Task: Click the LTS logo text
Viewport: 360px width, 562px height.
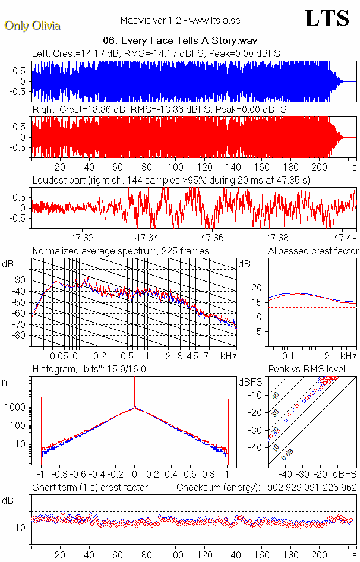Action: [x=326, y=18]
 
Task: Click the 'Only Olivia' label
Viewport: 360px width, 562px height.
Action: [x=32, y=26]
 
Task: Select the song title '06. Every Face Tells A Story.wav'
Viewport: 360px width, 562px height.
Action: [x=179, y=41]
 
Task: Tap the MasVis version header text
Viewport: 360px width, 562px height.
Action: [x=180, y=21]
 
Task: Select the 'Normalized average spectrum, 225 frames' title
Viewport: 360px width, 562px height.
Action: [x=121, y=251]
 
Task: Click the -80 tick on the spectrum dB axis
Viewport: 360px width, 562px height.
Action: [x=20, y=336]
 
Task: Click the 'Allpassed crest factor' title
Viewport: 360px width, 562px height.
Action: [x=313, y=251]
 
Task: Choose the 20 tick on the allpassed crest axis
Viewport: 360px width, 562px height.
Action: [x=257, y=288]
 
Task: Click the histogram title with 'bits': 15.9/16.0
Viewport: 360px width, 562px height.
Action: [x=90, y=370]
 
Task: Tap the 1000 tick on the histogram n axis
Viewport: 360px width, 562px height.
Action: [x=16, y=408]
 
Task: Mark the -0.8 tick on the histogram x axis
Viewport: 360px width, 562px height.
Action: [x=59, y=475]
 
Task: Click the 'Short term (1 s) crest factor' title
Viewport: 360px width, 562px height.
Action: [x=90, y=488]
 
